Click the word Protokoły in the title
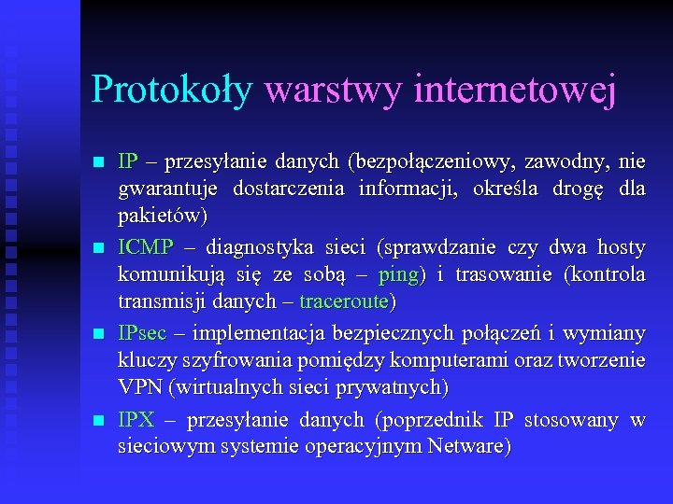click(171, 91)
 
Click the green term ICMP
click(145, 247)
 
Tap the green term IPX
click(136, 420)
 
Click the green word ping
click(398, 275)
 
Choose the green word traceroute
click(344, 301)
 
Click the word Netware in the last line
click(465, 446)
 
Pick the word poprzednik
click(431, 420)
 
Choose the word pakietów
click(160, 215)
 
